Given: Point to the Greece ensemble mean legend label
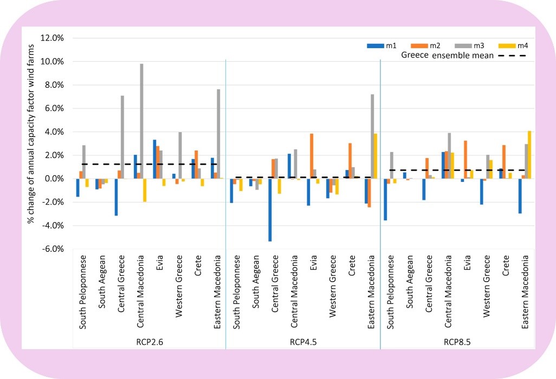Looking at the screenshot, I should click(x=447, y=55).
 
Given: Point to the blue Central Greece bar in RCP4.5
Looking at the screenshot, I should click(x=270, y=210).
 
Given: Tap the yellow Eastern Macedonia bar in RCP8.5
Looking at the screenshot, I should click(x=529, y=155).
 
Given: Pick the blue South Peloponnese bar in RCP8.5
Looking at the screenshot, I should click(x=385, y=199).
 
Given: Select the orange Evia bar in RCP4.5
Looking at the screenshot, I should click(x=312, y=156).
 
